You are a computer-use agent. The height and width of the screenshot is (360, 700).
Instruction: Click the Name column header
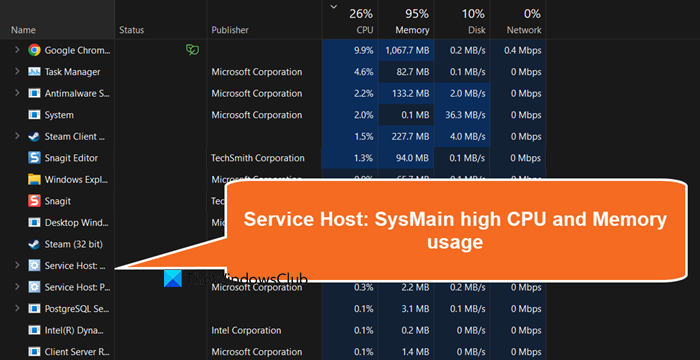click(23, 31)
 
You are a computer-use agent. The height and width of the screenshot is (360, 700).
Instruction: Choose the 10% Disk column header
click(473, 21)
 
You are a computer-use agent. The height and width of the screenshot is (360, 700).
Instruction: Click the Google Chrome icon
click(34, 49)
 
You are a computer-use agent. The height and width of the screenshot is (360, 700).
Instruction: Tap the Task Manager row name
click(72, 72)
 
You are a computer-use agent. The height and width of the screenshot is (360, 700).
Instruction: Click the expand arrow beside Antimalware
click(16, 93)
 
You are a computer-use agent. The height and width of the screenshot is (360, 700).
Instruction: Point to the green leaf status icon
click(191, 50)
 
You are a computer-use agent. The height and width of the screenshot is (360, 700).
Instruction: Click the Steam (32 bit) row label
click(71, 244)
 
